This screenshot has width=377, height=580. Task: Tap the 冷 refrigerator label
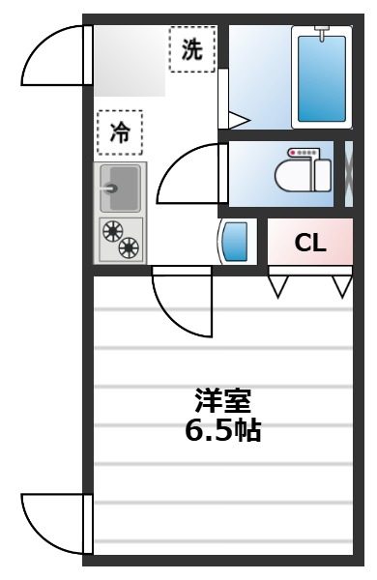tap(119, 132)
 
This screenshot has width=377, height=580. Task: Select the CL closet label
tap(310, 243)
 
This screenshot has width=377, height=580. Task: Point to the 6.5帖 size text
tap(222, 430)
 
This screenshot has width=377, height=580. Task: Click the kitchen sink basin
tap(120, 187)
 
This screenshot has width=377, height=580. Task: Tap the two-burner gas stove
tap(120, 240)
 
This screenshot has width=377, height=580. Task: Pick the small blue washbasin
tap(238, 243)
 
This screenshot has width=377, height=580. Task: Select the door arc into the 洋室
tap(182, 304)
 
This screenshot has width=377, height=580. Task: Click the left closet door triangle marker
tap(280, 287)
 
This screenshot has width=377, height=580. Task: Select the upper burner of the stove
tap(112, 231)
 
